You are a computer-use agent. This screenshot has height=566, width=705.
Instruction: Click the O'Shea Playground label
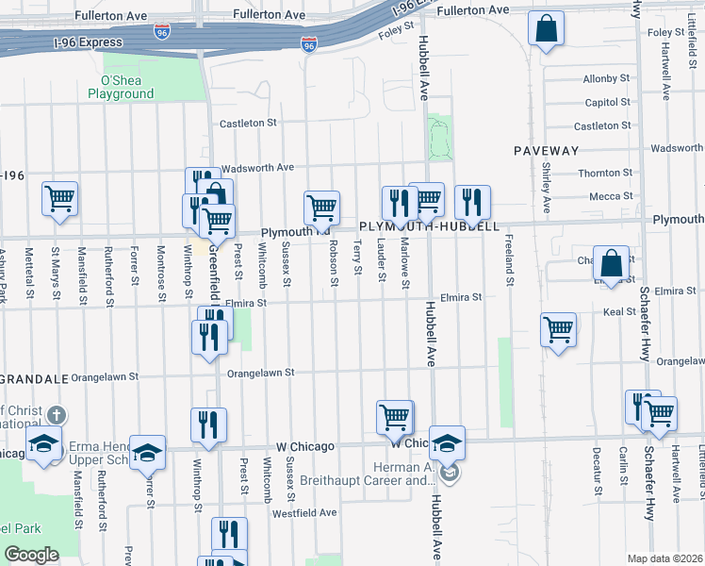121,87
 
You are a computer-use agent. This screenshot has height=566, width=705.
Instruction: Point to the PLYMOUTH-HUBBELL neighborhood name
429,227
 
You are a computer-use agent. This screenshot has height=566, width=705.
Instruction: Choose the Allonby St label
606,78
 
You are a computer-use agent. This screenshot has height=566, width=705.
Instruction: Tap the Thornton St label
605,173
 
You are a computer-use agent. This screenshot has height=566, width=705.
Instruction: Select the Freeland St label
509,259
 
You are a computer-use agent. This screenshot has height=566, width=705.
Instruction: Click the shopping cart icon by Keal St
558,330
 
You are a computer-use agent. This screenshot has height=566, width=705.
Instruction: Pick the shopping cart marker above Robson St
321,207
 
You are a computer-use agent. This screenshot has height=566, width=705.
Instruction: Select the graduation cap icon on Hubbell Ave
449,441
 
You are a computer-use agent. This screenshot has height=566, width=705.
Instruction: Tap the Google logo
30,555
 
